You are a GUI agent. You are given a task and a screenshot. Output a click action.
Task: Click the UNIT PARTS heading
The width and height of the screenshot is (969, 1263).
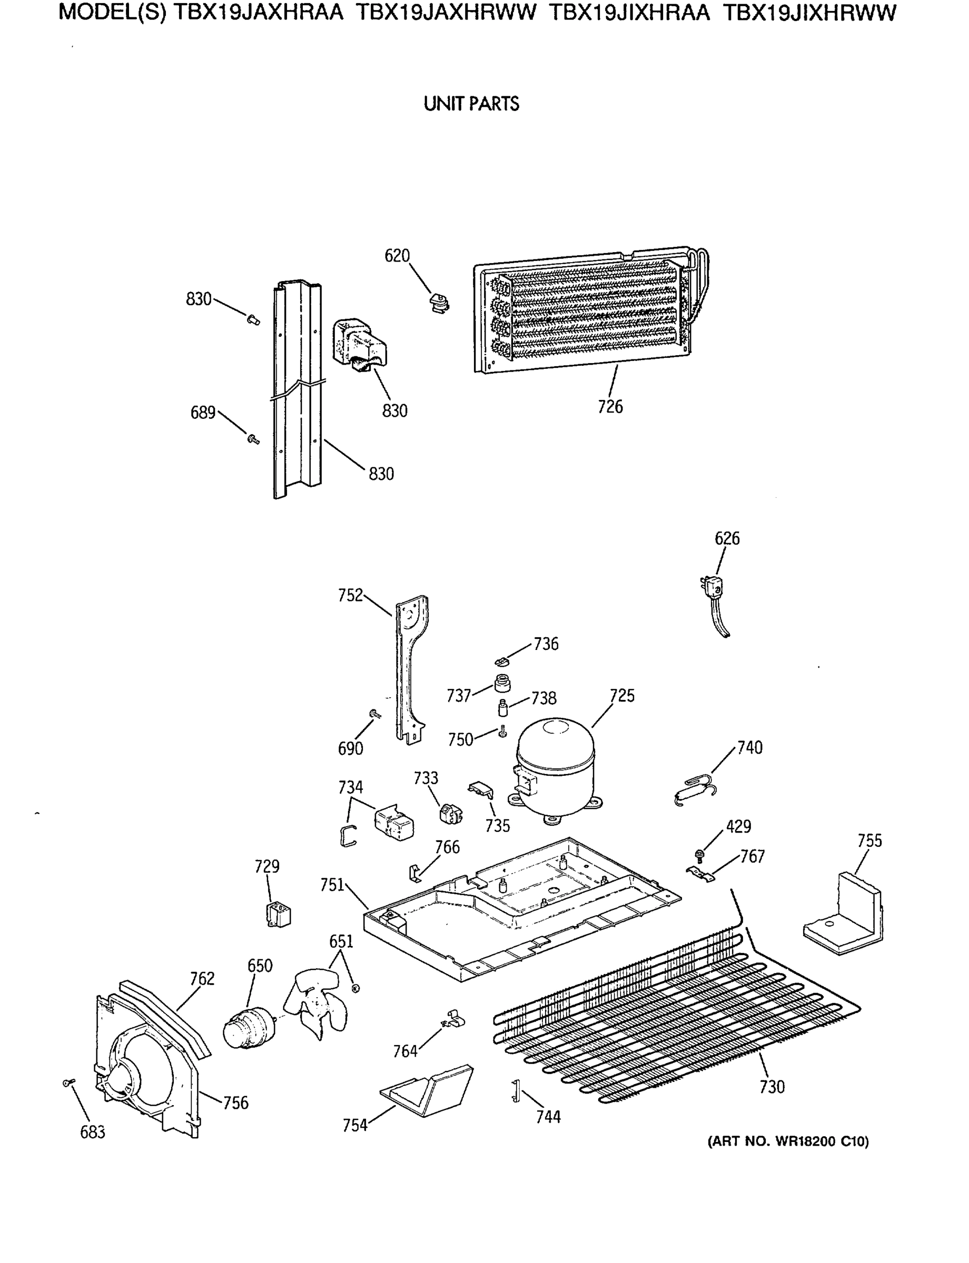tap(471, 104)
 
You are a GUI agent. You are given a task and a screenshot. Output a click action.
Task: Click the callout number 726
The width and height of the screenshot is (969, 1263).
tap(610, 407)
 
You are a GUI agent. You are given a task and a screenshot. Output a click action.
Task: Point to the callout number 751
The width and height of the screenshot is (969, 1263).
tap(332, 885)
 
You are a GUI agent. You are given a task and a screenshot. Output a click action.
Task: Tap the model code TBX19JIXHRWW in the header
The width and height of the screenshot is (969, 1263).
tap(810, 13)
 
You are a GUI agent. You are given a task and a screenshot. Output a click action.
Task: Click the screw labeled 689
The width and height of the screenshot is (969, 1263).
tap(253, 439)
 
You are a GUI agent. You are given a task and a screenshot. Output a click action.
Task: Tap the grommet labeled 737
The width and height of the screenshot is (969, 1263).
tap(502, 684)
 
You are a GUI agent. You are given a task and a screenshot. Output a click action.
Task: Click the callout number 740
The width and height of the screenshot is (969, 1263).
tap(750, 748)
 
